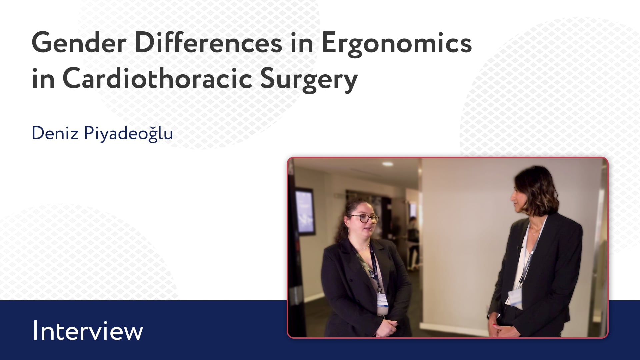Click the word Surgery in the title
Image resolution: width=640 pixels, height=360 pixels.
pyautogui.click(x=309, y=82)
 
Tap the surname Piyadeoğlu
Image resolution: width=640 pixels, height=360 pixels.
pyautogui.click(x=128, y=134)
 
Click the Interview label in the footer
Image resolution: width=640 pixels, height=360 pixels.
pyautogui.click(x=88, y=331)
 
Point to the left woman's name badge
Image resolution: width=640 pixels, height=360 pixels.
pyautogui.click(x=382, y=304)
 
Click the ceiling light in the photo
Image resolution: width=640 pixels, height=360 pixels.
pyautogui.click(x=387, y=164)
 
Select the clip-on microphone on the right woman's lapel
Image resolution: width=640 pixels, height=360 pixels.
pyautogui.click(x=519, y=248)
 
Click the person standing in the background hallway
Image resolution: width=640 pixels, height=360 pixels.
pyautogui.click(x=413, y=243)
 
